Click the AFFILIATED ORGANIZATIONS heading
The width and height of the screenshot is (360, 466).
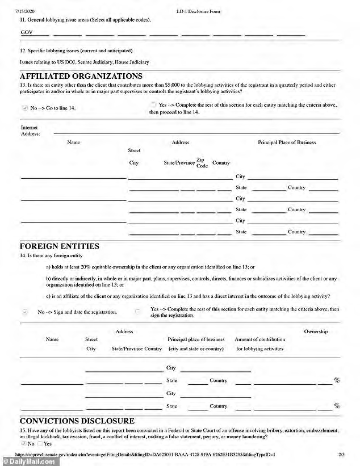[x=81, y=76]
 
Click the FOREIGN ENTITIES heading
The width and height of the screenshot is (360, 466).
[x=60, y=246]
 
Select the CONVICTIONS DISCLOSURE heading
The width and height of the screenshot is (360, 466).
[x=77, y=421]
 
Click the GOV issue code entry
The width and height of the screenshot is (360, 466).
[x=26, y=33]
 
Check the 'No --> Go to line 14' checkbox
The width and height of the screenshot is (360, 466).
[x=24, y=108]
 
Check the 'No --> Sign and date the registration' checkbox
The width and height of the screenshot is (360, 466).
[x=24, y=312]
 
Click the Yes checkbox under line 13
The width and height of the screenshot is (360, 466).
[x=153, y=105]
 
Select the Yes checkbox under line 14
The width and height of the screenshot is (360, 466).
[x=137, y=311]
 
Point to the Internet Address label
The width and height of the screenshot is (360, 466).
[x=30, y=131]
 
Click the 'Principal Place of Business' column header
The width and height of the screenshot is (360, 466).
[x=287, y=142]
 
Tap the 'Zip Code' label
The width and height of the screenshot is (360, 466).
[x=202, y=163]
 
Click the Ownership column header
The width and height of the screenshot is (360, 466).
[x=316, y=331]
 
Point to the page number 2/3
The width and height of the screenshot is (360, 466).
[x=341, y=455]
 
